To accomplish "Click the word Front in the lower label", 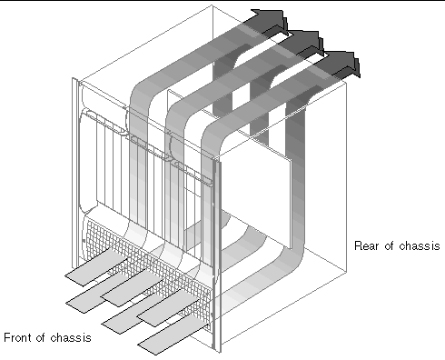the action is (x=19, y=337).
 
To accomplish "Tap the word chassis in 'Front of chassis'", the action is (x=71, y=337).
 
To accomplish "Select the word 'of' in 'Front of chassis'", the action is (x=42, y=337).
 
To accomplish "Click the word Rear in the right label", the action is (x=366, y=245).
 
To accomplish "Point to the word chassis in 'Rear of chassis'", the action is (x=420, y=245).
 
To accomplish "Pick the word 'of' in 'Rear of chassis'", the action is (x=390, y=245).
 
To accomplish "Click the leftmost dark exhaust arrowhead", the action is (x=271, y=21).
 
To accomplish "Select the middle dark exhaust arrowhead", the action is (x=306, y=42).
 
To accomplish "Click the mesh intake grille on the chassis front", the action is (x=147, y=270).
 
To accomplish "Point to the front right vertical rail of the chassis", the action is (x=217, y=256).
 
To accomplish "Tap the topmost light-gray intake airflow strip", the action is (x=96, y=267).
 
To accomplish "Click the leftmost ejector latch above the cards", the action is (x=104, y=122).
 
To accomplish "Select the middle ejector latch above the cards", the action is (x=149, y=147).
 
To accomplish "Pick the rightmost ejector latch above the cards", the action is (x=193, y=173).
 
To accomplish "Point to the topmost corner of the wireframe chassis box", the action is (x=212, y=5).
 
